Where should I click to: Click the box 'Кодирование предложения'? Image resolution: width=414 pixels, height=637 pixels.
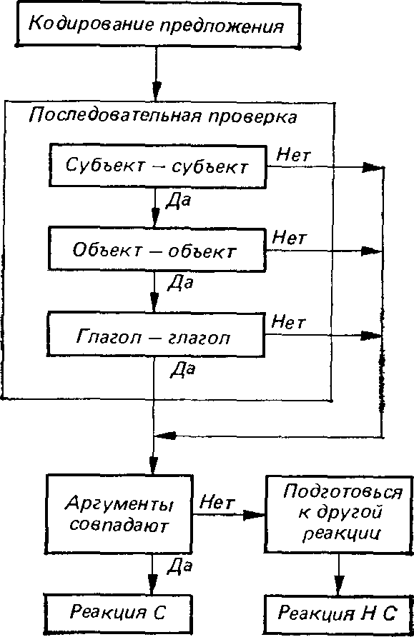point(158,25)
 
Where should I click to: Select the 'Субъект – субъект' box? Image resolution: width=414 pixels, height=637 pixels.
point(158,166)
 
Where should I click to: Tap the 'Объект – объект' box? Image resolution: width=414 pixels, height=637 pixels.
point(157,249)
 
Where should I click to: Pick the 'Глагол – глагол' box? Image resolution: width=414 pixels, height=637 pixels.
point(156,334)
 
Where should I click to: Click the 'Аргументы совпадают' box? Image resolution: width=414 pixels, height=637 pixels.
point(119,514)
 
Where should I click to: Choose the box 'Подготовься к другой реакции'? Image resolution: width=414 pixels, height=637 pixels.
point(339,514)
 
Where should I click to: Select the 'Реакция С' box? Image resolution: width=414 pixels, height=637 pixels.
point(118,613)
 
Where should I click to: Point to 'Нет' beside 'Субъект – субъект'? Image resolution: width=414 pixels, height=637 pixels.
point(294,155)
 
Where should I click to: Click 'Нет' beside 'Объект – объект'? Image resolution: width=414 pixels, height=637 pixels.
point(289,237)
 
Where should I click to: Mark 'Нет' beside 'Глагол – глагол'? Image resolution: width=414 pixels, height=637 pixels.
point(288,322)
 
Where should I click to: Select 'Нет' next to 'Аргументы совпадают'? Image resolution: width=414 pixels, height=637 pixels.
point(217,503)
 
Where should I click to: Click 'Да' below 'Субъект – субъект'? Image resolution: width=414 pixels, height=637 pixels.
point(178,201)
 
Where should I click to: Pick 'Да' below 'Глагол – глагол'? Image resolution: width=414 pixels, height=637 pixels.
point(182,369)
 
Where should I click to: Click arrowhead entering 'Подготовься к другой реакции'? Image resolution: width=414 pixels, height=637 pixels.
point(255,515)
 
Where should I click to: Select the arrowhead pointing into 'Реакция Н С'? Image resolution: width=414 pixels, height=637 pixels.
point(338,586)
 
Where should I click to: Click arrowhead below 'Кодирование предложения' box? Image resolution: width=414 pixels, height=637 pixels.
point(156,91)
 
